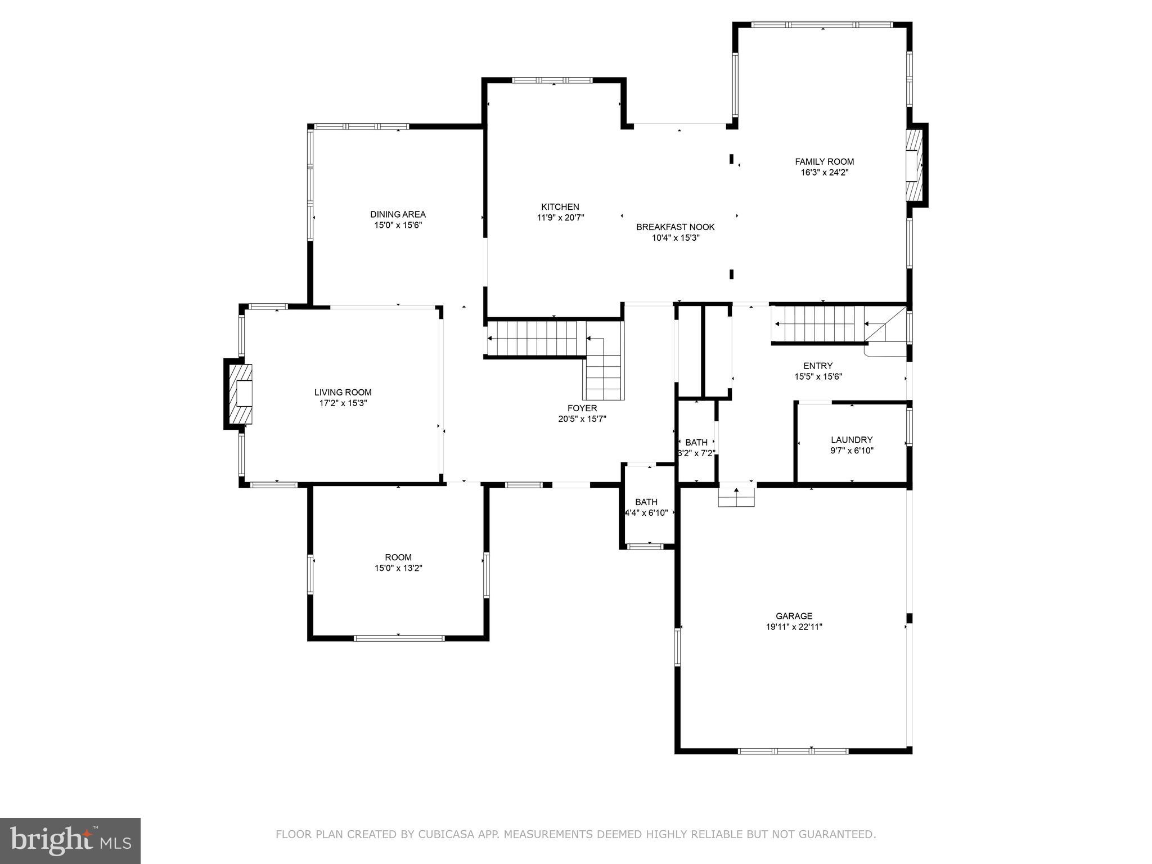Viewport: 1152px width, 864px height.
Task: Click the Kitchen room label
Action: (560, 207)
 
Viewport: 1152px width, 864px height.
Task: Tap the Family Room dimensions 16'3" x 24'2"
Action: (824, 173)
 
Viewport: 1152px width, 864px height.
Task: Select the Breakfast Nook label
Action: (675, 227)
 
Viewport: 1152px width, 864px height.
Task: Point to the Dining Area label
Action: (398, 214)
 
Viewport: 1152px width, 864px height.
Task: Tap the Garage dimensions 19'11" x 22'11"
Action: (794, 627)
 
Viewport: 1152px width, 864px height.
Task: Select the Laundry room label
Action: (852, 440)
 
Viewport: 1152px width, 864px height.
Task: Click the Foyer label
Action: (582, 408)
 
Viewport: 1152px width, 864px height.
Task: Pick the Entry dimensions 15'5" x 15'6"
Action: (818, 377)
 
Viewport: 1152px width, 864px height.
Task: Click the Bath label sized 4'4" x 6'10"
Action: (646, 502)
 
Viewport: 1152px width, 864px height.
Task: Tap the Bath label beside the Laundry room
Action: (696, 443)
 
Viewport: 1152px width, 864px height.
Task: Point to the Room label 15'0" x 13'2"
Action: (398, 558)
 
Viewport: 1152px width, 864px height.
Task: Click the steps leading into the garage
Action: (736, 497)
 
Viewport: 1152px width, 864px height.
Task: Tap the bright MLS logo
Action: (70, 840)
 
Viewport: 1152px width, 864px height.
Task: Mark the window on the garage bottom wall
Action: (793, 750)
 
